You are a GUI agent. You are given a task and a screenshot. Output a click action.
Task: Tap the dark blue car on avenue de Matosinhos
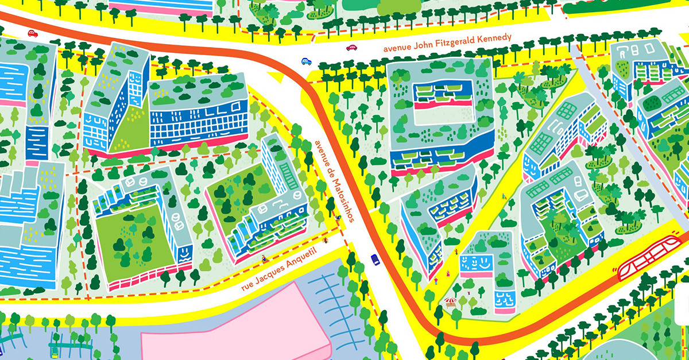pos(376,260)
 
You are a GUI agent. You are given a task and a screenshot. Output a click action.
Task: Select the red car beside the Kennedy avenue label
pos(351,48)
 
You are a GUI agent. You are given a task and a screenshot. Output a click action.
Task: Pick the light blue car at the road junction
pos(307,61)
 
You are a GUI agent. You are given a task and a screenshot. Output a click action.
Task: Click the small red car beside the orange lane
pos(33,34)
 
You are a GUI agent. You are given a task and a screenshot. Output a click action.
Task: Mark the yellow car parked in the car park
pos(55,351)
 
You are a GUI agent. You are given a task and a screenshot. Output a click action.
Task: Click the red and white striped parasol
pos(451,300)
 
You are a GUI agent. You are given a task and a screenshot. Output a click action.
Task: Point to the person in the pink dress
pos(435,281)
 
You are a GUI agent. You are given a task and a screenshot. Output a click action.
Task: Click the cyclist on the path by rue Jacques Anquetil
pos(264,258)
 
